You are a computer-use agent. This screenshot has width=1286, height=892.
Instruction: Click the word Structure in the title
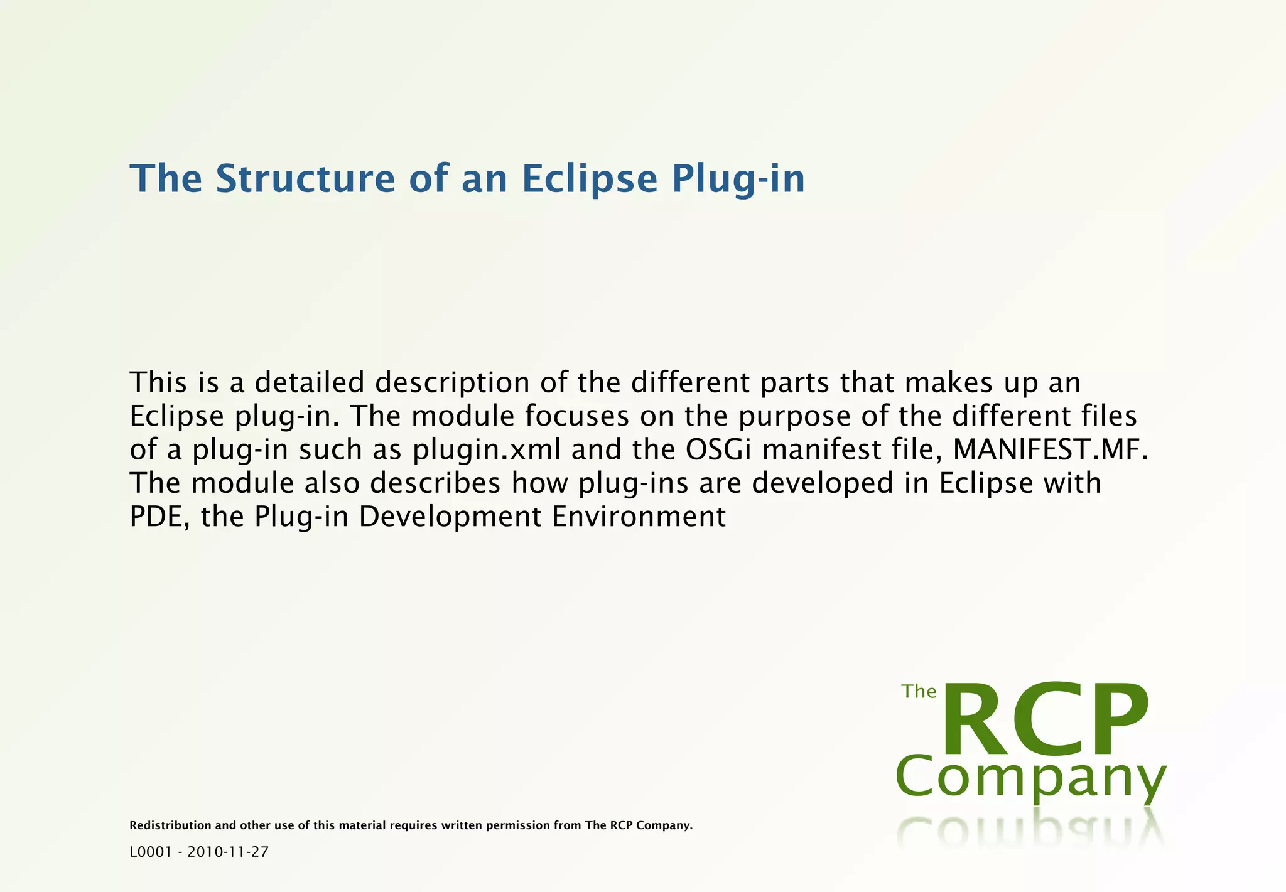[305, 178]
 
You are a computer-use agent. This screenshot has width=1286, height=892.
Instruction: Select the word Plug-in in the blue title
[738, 180]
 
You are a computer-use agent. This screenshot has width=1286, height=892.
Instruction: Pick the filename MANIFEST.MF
[1050, 449]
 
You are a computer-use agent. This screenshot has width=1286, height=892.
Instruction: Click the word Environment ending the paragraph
[639, 517]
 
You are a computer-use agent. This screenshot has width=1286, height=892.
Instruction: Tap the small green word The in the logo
[919, 691]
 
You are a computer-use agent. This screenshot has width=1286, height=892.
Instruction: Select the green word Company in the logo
[1030, 778]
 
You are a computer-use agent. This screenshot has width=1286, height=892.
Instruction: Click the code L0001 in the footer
[151, 852]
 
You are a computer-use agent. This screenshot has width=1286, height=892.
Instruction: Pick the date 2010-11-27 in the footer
[228, 852]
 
